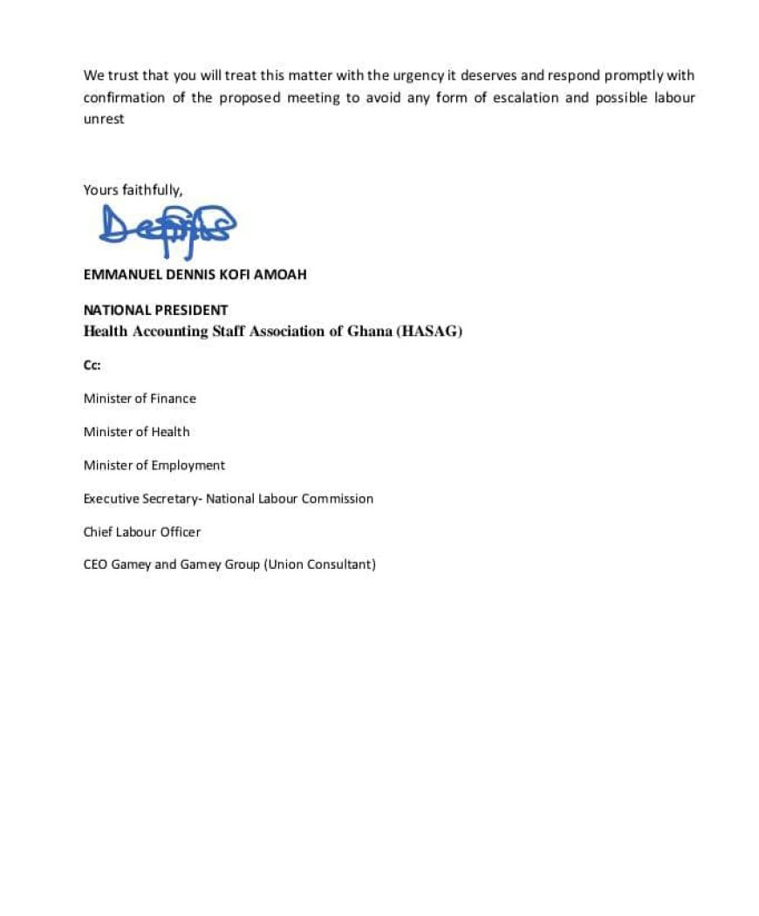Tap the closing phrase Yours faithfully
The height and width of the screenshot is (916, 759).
click(x=133, y=189)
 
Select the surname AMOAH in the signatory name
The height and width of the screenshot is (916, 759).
click(x=280, y=274)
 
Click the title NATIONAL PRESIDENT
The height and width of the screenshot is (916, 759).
click(x=155, y=310)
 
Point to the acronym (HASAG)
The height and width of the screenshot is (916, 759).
click(x=429, y=332)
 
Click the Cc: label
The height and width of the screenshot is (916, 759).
click(x=92, y=366)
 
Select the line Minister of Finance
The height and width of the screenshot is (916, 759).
click(x=140, y=399)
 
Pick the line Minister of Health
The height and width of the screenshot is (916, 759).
click(x=136, y=432)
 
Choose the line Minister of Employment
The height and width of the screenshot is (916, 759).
click(x=154, y=465)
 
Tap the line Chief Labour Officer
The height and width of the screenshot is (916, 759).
click(x=141, y=531)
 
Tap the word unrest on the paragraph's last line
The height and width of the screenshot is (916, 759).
click(x=104, y=119)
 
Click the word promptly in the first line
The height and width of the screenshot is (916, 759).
click(x=634, y=76)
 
